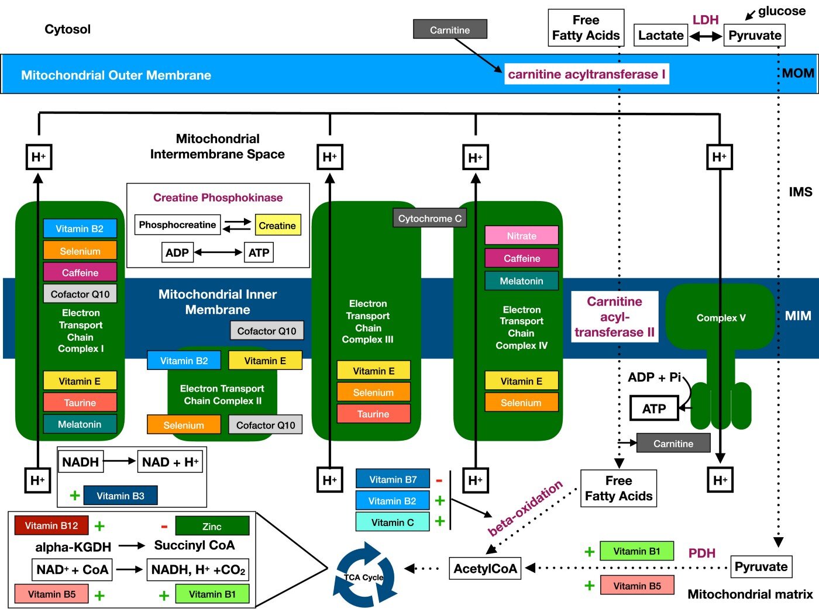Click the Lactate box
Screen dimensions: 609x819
[660, 36]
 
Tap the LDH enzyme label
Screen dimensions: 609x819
[706, 20]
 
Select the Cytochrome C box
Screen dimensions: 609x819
[429, 219]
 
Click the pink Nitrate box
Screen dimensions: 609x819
[521, 236]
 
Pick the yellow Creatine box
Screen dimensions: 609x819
[277, 226]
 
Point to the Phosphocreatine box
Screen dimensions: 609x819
[177, 225]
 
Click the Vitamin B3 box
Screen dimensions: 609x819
[121, 496]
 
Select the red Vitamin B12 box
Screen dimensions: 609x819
[51, 525]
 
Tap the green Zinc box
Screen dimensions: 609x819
[212, 526]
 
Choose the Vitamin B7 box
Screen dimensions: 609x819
[393, 479]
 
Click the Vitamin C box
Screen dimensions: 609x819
[393, 523]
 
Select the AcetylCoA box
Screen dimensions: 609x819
[485, 569]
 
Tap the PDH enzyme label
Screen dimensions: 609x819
[701, 553]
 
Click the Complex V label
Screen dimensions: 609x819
[721, 318]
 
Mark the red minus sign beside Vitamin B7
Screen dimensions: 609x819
[439, 480]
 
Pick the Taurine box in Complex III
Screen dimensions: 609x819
[373, 414]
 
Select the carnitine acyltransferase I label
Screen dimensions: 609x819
[586, 74]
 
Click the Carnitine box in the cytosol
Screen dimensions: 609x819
[450, 30]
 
